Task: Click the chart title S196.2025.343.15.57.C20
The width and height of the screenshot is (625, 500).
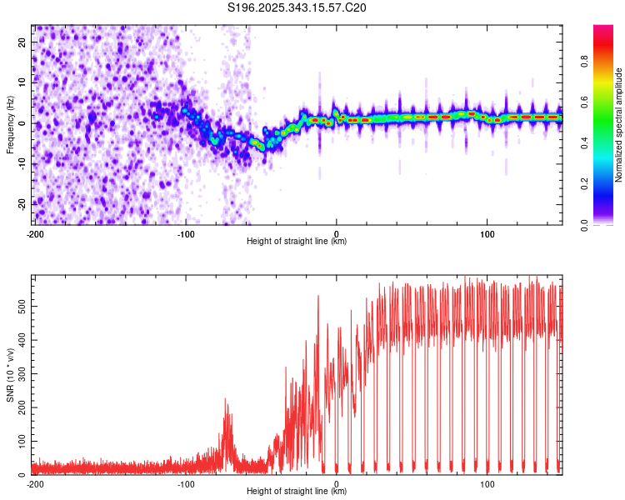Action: click(x=297, y=8)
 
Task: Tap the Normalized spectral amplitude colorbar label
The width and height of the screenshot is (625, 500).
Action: click(x=619, y=125)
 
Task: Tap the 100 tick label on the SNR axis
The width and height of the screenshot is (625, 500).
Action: click(x=22, y=440)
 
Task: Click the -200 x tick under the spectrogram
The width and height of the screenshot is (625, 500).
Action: click(x=34, y=232)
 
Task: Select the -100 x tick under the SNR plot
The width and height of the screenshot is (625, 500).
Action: click(x=185, y=482)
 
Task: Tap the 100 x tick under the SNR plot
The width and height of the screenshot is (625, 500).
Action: click(x=486, y=482)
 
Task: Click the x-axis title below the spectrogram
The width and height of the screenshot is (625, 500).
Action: click(x=297, y=242)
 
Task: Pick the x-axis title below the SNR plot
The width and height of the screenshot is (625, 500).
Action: click(x=297, y=492)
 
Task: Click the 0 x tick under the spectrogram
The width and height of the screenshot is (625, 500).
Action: click(x=336, y=232)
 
